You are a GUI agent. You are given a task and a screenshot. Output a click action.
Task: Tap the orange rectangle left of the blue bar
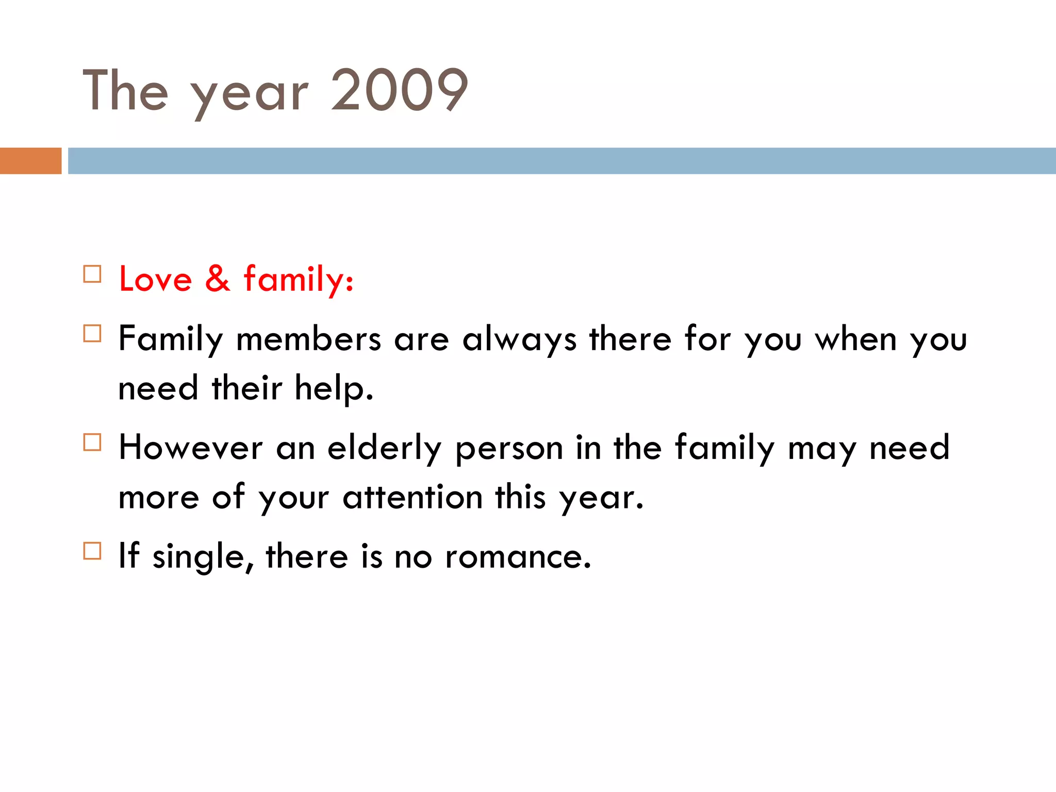pyautogui.click(x=30, y=161)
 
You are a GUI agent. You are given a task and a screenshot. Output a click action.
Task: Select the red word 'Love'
pyautogui.click(x=155, y=279)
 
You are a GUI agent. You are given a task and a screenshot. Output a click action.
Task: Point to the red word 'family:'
pyautogui.click(x=299, y=279)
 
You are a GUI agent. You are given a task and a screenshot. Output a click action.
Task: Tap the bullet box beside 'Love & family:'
pyautogui.click(x=92, y=274)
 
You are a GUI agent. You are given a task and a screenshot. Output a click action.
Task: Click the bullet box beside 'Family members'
pyautogui.click(x=92, y=334)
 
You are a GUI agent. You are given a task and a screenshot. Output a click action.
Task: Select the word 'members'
pyautogui.click(x=308, y=340)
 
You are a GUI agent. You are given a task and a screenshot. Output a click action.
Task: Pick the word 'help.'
pyautogui.click(x=334, y=388)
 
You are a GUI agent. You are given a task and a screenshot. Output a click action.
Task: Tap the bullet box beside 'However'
pyautogui.click(x=92, y=442)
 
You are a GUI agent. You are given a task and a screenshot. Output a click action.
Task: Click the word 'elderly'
pyautogui.click(x=385, y=449)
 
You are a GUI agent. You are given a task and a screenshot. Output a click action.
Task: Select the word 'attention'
pyautogui.click(x=412, y=498)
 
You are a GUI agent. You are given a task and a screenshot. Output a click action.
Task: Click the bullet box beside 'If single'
pyautogui.click(x=92, y=551)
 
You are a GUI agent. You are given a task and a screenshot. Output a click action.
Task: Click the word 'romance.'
pyautogui.click(x=518, y=557)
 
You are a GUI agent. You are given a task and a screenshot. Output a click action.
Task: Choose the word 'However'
pyautogui.click(x=190, y=448)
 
